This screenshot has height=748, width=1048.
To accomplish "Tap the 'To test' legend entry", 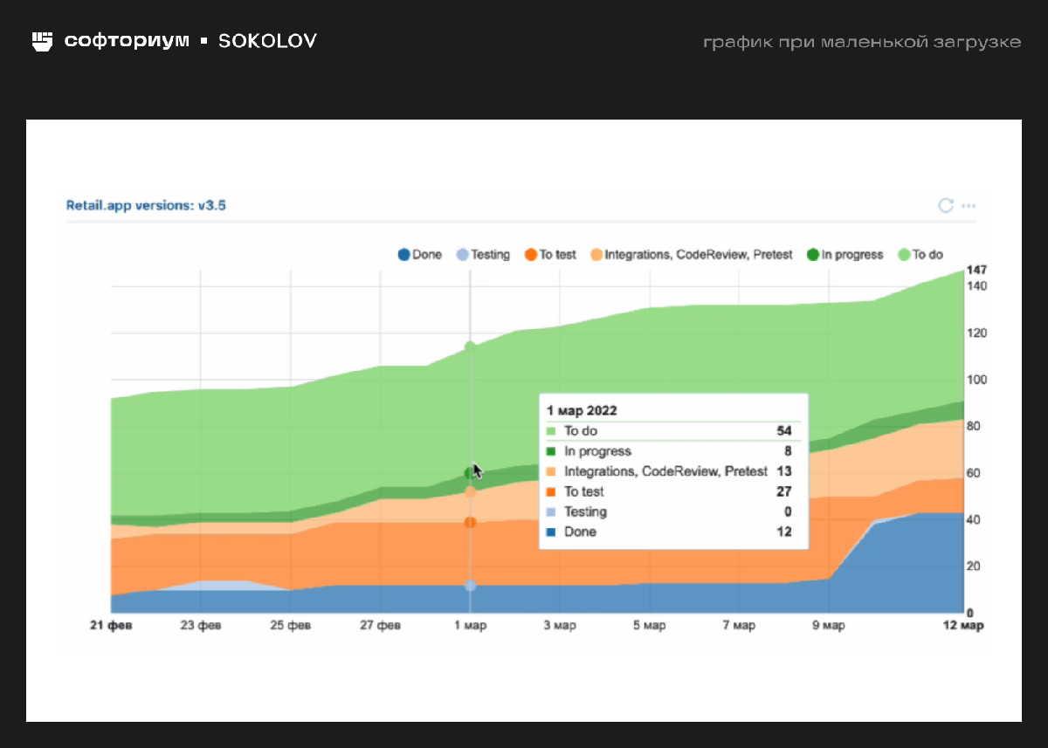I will [550, 255].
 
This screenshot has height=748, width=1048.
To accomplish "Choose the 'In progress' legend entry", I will [845, 255].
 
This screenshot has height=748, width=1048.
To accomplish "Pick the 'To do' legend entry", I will [920, 255].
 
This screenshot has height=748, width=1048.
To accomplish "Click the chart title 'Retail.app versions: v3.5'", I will [147, 206].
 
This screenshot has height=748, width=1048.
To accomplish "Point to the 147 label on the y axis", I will [976, 270].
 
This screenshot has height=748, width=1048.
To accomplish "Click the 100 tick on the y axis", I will [976, 380].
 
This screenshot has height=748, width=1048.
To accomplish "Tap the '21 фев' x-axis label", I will [112, 626].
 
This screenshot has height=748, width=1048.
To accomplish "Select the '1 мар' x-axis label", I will [470, 626].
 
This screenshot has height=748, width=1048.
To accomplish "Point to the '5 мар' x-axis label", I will [649, 626].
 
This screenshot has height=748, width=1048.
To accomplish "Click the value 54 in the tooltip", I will [783, 431].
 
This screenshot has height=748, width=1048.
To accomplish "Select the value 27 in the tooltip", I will [783, 491].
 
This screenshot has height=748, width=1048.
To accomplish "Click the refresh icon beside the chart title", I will [945, 206].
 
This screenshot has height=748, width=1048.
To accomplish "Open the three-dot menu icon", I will [968, 206].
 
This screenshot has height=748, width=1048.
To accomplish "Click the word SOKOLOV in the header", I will [267, 41].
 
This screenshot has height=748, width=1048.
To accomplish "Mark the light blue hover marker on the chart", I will [470, 586].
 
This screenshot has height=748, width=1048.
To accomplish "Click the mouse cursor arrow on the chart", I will [477, 470].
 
